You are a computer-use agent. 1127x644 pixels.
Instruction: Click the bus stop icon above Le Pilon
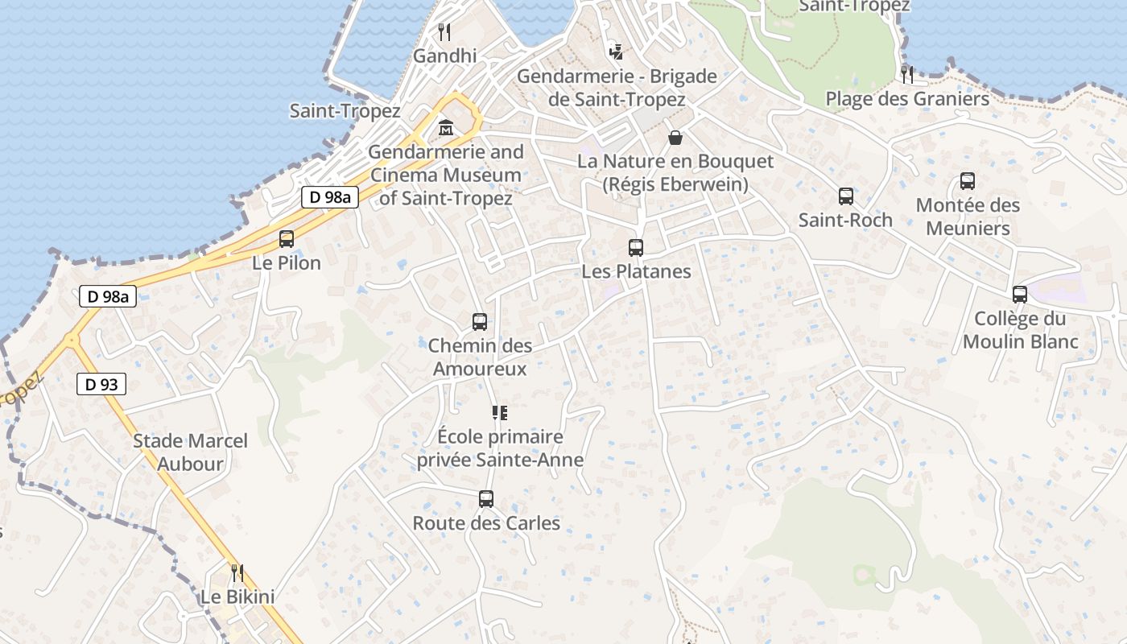[286, 238]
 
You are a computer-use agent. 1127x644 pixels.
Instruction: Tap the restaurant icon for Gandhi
[444, 32]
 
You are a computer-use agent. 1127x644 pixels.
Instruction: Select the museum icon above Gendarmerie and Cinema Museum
[445, 127]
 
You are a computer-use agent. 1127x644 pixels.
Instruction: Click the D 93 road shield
[101, 385]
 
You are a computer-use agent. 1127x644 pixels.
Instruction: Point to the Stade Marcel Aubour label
[190, 452]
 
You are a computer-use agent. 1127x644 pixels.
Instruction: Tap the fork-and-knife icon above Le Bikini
[237, 573]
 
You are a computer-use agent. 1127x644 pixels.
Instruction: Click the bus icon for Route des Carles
[485, 499]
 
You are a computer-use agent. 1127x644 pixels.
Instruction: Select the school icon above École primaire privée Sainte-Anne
[499, 413]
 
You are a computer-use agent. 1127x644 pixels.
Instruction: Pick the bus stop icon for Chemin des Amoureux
[480, 322]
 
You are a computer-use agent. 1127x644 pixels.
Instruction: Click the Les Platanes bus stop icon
[636, 248]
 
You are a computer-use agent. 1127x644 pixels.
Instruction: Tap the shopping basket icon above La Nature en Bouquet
[675, 138]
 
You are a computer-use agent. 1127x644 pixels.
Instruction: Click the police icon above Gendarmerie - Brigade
[616, 52]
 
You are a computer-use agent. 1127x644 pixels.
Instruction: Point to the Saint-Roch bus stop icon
[845, 196]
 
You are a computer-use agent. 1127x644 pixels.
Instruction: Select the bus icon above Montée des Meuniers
[968, 181]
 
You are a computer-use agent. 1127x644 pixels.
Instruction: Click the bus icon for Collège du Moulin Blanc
[1020, 295]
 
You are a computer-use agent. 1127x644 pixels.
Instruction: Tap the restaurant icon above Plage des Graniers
[907, 75]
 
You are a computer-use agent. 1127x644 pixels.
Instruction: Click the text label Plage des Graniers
[907, 99]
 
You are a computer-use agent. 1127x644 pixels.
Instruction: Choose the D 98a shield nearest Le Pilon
[330, 197]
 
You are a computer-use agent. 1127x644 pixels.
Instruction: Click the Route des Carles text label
[486, 523]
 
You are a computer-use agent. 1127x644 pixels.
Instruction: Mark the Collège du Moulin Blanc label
[1020, 330]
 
